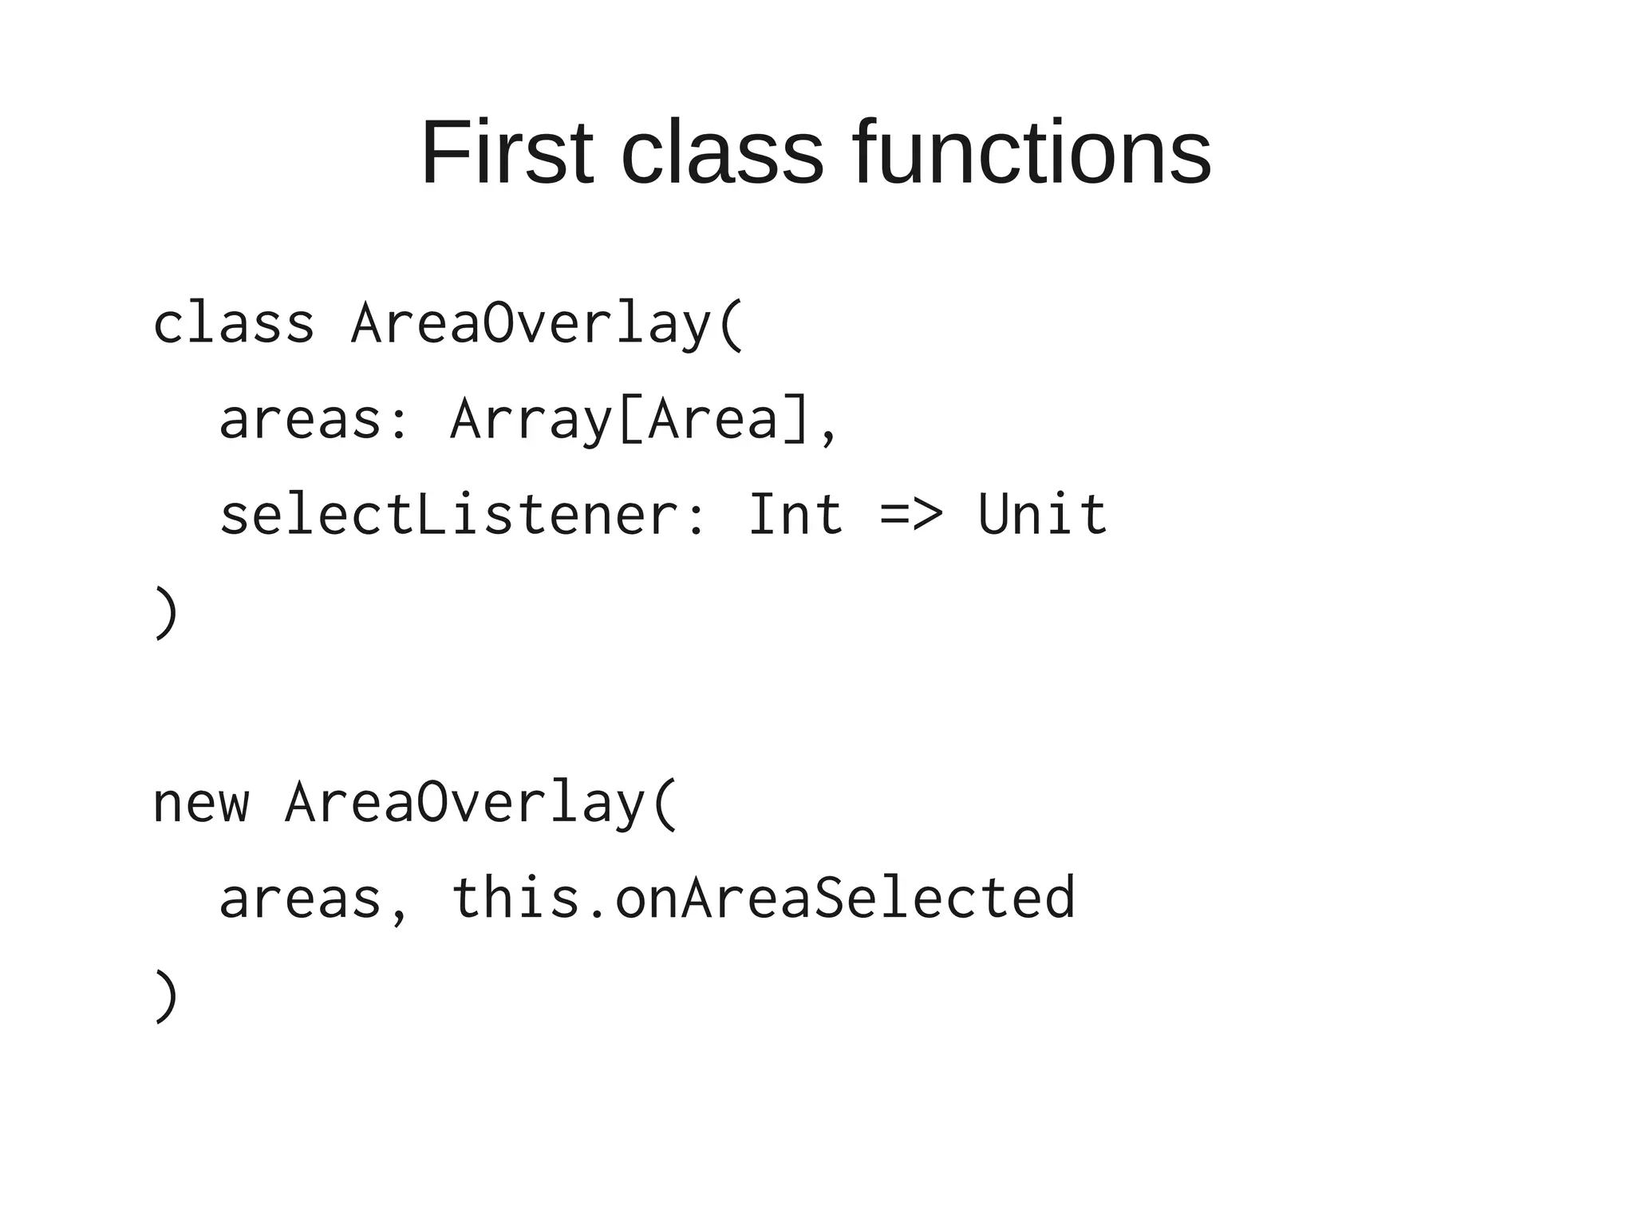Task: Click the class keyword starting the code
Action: pos(234,324)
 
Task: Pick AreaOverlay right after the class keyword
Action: pos(531,324)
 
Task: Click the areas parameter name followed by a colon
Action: pos(300,420)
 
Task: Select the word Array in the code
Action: pos(531,420)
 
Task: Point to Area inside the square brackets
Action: pos(712,420)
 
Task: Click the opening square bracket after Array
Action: pos(630,420)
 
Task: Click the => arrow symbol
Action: pos(912,516)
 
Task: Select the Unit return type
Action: pos(1043,516)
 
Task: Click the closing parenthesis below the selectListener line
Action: pos(165,612)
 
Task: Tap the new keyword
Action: pos(200,803)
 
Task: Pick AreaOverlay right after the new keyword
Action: pos(464,803)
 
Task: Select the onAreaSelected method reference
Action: pos(845,899)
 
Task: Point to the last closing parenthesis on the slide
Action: pos(165,995)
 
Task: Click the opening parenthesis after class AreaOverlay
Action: pos(732,324)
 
